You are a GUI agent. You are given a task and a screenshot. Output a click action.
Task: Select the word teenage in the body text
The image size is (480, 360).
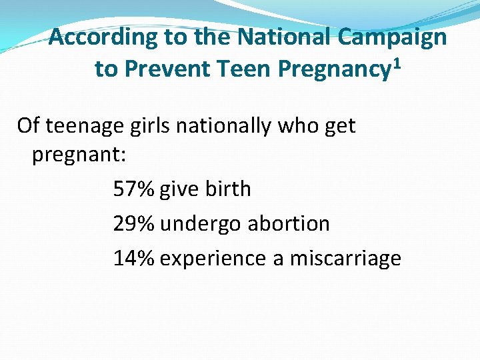[83, 125]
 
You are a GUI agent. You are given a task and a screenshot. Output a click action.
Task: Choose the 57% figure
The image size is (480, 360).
[134, 189]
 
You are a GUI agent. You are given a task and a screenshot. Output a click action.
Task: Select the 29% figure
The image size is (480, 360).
[134, 223]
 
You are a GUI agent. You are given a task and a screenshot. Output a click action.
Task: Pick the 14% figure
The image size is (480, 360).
[134, 258]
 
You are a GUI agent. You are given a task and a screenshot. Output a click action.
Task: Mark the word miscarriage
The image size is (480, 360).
[345, 258]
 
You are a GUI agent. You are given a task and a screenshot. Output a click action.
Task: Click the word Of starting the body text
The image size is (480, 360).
[27, 125]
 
